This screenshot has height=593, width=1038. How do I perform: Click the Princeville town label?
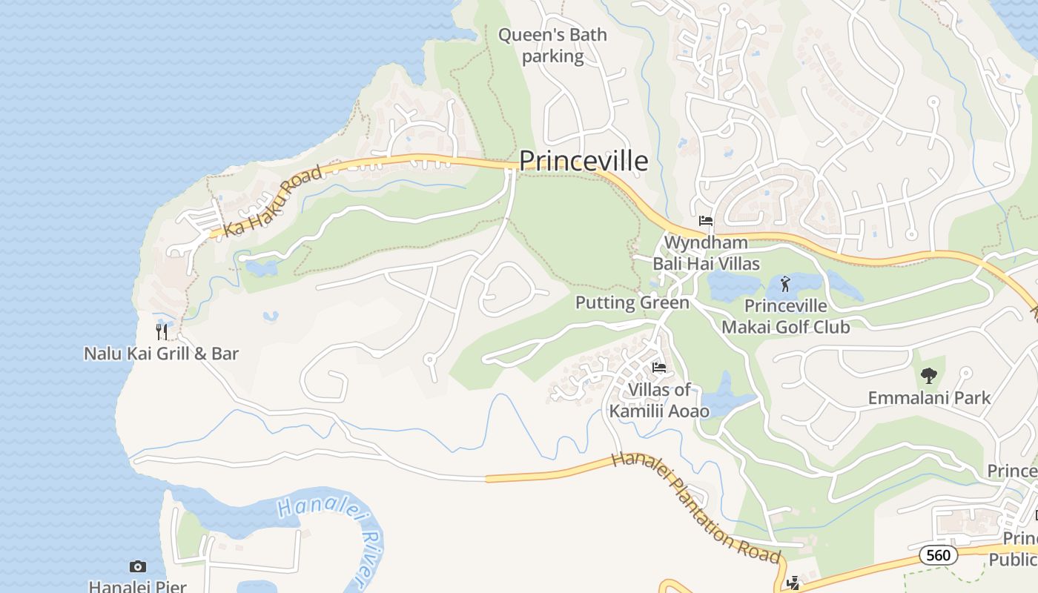[x=584, y=161]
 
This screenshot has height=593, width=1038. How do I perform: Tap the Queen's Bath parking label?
[x=552, y=45]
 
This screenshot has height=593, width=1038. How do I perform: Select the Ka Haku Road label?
[x=273, y=202]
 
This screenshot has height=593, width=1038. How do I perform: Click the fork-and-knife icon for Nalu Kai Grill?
[x=161, y=331]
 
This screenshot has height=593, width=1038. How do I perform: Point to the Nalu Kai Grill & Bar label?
[x=161, y=353]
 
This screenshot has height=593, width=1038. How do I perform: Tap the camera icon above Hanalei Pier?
[x=138, y=567]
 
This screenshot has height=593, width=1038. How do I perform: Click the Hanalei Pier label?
[x=137, y=586]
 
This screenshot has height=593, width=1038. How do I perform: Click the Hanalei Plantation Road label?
[x=695, y=508]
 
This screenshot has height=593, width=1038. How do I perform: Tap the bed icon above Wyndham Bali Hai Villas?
[x=705, y=221]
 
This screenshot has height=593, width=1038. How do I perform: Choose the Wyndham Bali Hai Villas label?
[x=706, y=253]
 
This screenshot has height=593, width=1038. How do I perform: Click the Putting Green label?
[x=632, y=302]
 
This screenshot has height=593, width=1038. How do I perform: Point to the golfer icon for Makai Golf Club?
[x=786, y=283]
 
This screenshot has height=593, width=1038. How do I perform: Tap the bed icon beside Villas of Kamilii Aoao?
[x=658, y=368]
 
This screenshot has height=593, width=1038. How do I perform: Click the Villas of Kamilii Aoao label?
[x=659, y=400]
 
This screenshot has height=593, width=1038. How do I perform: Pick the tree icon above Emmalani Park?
[x=928, y=376]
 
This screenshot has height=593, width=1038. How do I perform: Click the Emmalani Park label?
[x=929, y=398]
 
